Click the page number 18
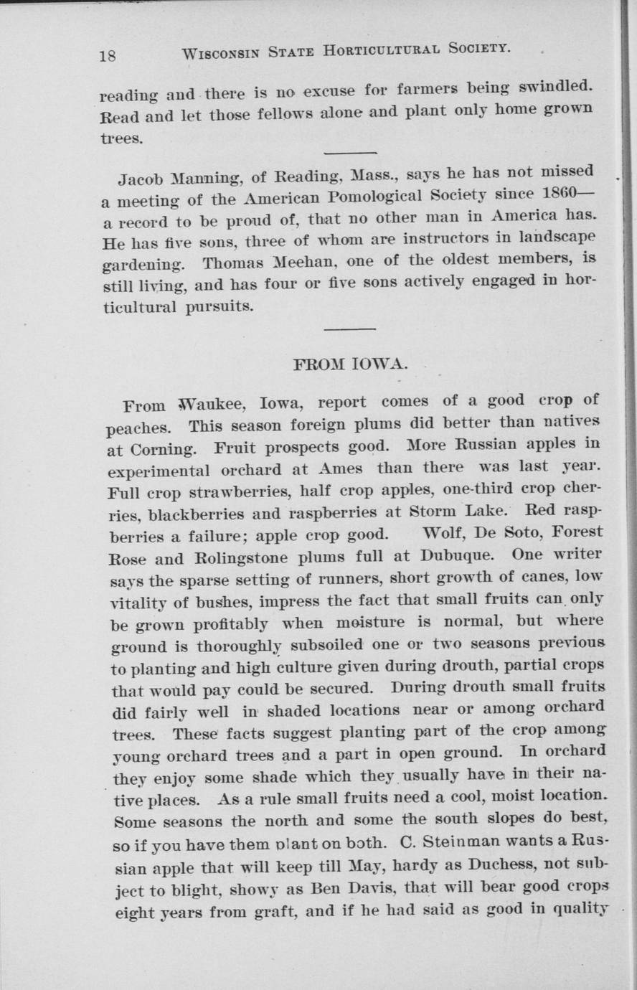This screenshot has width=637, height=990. [x=108, y=56]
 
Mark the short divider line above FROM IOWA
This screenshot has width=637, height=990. [x=350, y=329]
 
